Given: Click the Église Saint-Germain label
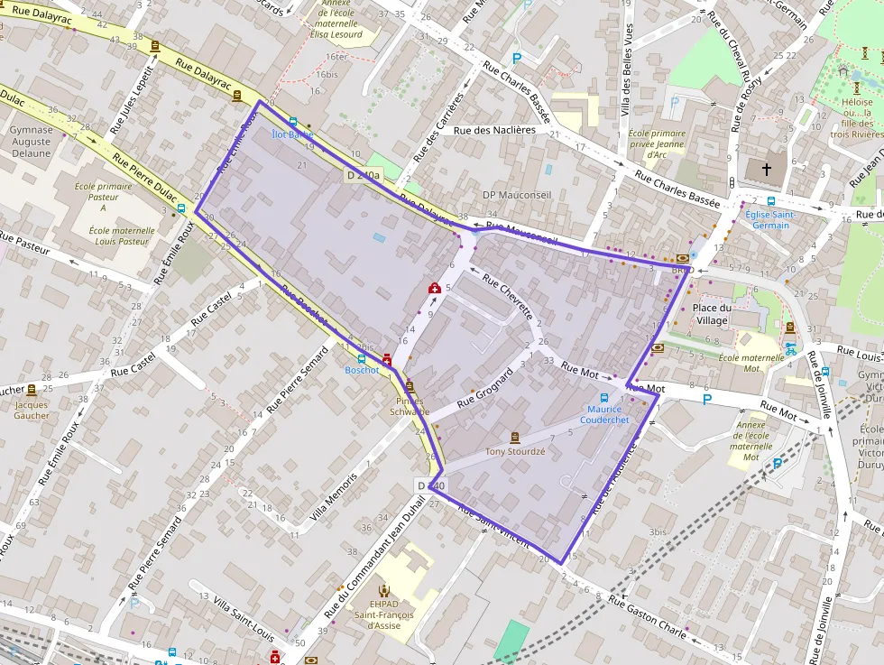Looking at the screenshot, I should (770, 219).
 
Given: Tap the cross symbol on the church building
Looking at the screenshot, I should (767, 169).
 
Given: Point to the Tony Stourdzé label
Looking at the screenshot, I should (515, 451).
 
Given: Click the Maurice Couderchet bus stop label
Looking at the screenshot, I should (604, 414).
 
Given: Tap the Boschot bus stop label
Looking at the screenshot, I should (362, 370).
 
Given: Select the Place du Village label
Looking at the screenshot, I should (712, 314).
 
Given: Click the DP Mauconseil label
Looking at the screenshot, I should (515, 195).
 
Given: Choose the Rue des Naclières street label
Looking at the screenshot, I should (494, 130).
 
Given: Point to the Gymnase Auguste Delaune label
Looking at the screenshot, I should (31, 141).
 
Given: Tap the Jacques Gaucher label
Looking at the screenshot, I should (32, 410).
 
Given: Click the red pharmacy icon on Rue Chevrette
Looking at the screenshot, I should (435, 288).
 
